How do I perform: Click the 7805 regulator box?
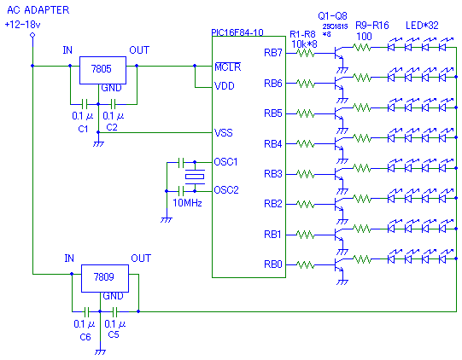(x=102, y=70)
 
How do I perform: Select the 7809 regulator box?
(x=105, y=278)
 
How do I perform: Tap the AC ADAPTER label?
(x=38, y=10)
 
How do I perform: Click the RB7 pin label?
(x=273, y=53)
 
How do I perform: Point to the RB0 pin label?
(x=273, y=264)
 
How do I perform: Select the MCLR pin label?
(x=228, y=67)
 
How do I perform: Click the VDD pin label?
(x=225, y=86)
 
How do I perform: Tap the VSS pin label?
(x=224, y=133)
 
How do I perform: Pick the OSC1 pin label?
(x=225, y=162)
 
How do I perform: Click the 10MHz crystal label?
(x=187, y=203)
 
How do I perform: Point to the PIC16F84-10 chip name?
(x=237, y=32)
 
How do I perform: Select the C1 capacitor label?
(x=83, y=129)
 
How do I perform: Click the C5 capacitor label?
(x=114, y=334)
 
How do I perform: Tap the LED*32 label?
(x=422, y=26)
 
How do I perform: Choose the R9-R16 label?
(x=372, y=26)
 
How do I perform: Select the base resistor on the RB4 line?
(x=306, y=144)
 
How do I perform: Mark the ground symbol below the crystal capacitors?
(x=167, y=219)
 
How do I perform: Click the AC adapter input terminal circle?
(x=32, y=35)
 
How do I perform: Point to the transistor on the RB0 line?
(x=339, y=265)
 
